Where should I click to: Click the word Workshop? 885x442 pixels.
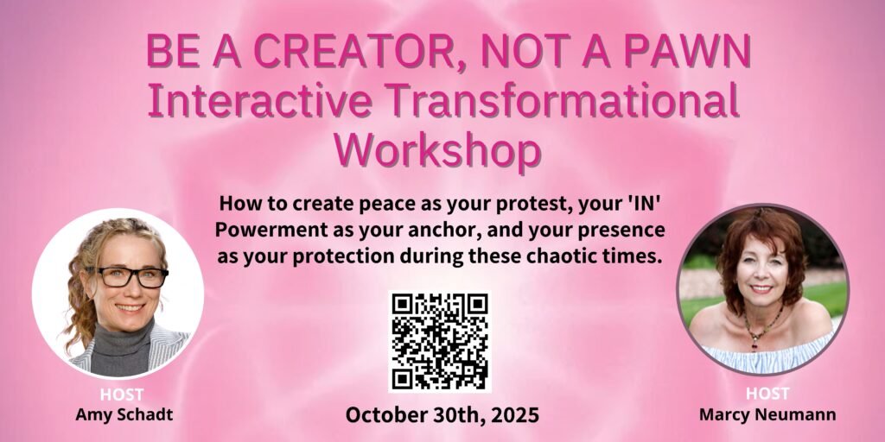point(438,150)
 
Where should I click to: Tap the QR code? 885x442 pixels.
point(440,342)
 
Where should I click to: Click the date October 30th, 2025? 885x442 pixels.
point(442,415)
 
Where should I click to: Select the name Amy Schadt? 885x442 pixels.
point(124,414)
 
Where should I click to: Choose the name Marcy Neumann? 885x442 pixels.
point(767,414)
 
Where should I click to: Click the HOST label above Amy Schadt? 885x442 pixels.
point(121,394)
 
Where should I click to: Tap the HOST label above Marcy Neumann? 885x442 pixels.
point(767,394)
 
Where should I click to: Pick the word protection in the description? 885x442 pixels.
point(337,257)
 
